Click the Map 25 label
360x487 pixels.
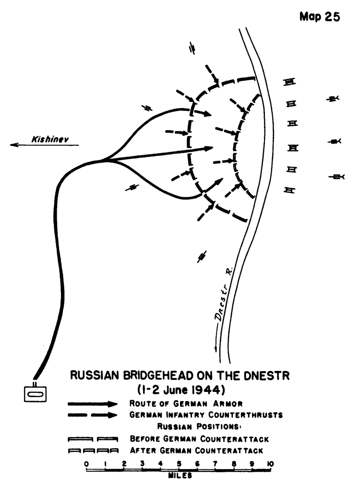click(320, 17)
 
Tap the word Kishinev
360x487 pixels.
click(50, 139)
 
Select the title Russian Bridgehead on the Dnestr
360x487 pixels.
click(180, 375)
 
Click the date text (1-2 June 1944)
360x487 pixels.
click(181, 389)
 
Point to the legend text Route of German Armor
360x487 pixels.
click(186, 403)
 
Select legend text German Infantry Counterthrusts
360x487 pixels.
click(206, 415)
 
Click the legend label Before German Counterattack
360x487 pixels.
click(199, 439)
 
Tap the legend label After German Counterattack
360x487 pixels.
click(196, 450)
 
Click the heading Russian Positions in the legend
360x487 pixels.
click(199, 427)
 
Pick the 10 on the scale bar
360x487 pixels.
click(270, 463)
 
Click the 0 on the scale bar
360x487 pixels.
click(86, 463)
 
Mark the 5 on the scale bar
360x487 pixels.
click(179, 463)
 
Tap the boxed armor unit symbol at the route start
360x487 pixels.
click(36, 394)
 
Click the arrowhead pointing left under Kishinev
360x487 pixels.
click(13, 145)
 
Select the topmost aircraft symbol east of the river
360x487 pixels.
click(333, 98)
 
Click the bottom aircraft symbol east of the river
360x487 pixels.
click(337, 177)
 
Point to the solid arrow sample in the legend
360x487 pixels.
click(93, 404)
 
